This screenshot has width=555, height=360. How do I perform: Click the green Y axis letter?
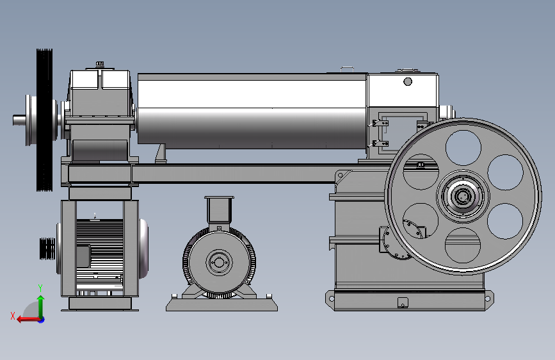click(40, 288)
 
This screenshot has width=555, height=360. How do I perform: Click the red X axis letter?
click(13, 316)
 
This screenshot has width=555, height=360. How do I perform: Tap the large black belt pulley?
click(44, 120)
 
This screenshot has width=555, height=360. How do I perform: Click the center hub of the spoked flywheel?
click(463, 196)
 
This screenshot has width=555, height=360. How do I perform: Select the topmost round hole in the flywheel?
click(463, 147)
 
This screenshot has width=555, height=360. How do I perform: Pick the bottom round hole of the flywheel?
click(463, 245)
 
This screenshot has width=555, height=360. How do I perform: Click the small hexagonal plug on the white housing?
click(408, 82)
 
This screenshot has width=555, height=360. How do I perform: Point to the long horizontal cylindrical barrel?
click(252, 111)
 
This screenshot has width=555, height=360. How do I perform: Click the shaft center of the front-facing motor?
click(219, 263)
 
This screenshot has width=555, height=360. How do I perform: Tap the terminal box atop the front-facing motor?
click(219, 209)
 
